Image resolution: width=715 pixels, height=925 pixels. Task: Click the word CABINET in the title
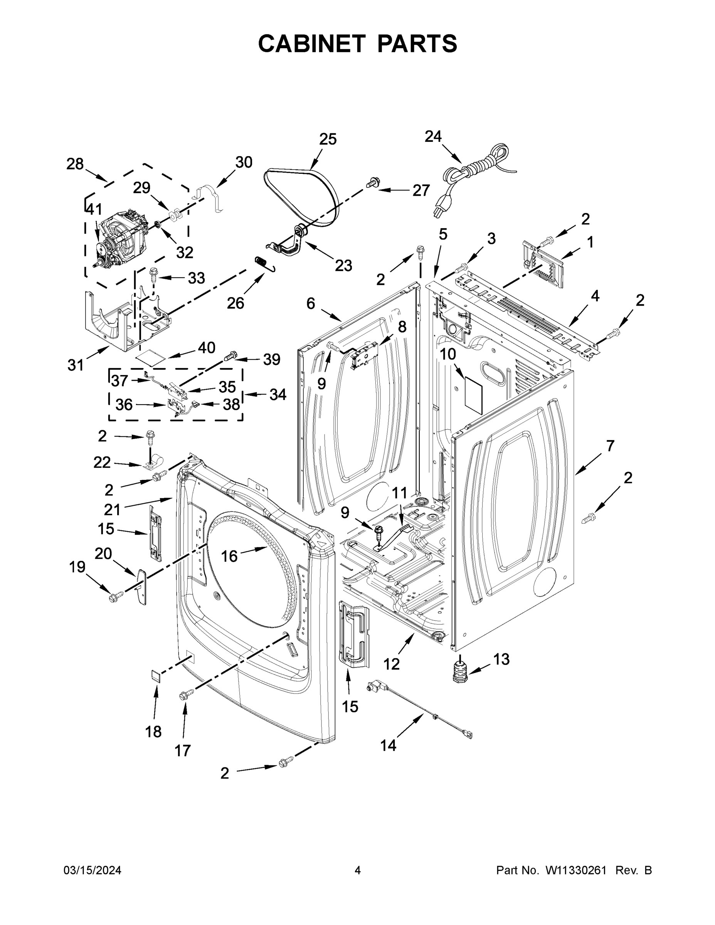[x=311, y=44]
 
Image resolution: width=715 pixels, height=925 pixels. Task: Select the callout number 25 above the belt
[x=327, y=139]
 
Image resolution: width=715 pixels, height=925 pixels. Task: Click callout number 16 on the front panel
[x=229, y=556]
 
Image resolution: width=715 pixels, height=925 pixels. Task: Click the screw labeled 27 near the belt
[x=372, y=183]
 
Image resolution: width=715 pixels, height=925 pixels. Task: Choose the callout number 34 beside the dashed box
[x=278, y=394]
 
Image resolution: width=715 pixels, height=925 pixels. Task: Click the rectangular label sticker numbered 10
[x=474, y=395]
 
